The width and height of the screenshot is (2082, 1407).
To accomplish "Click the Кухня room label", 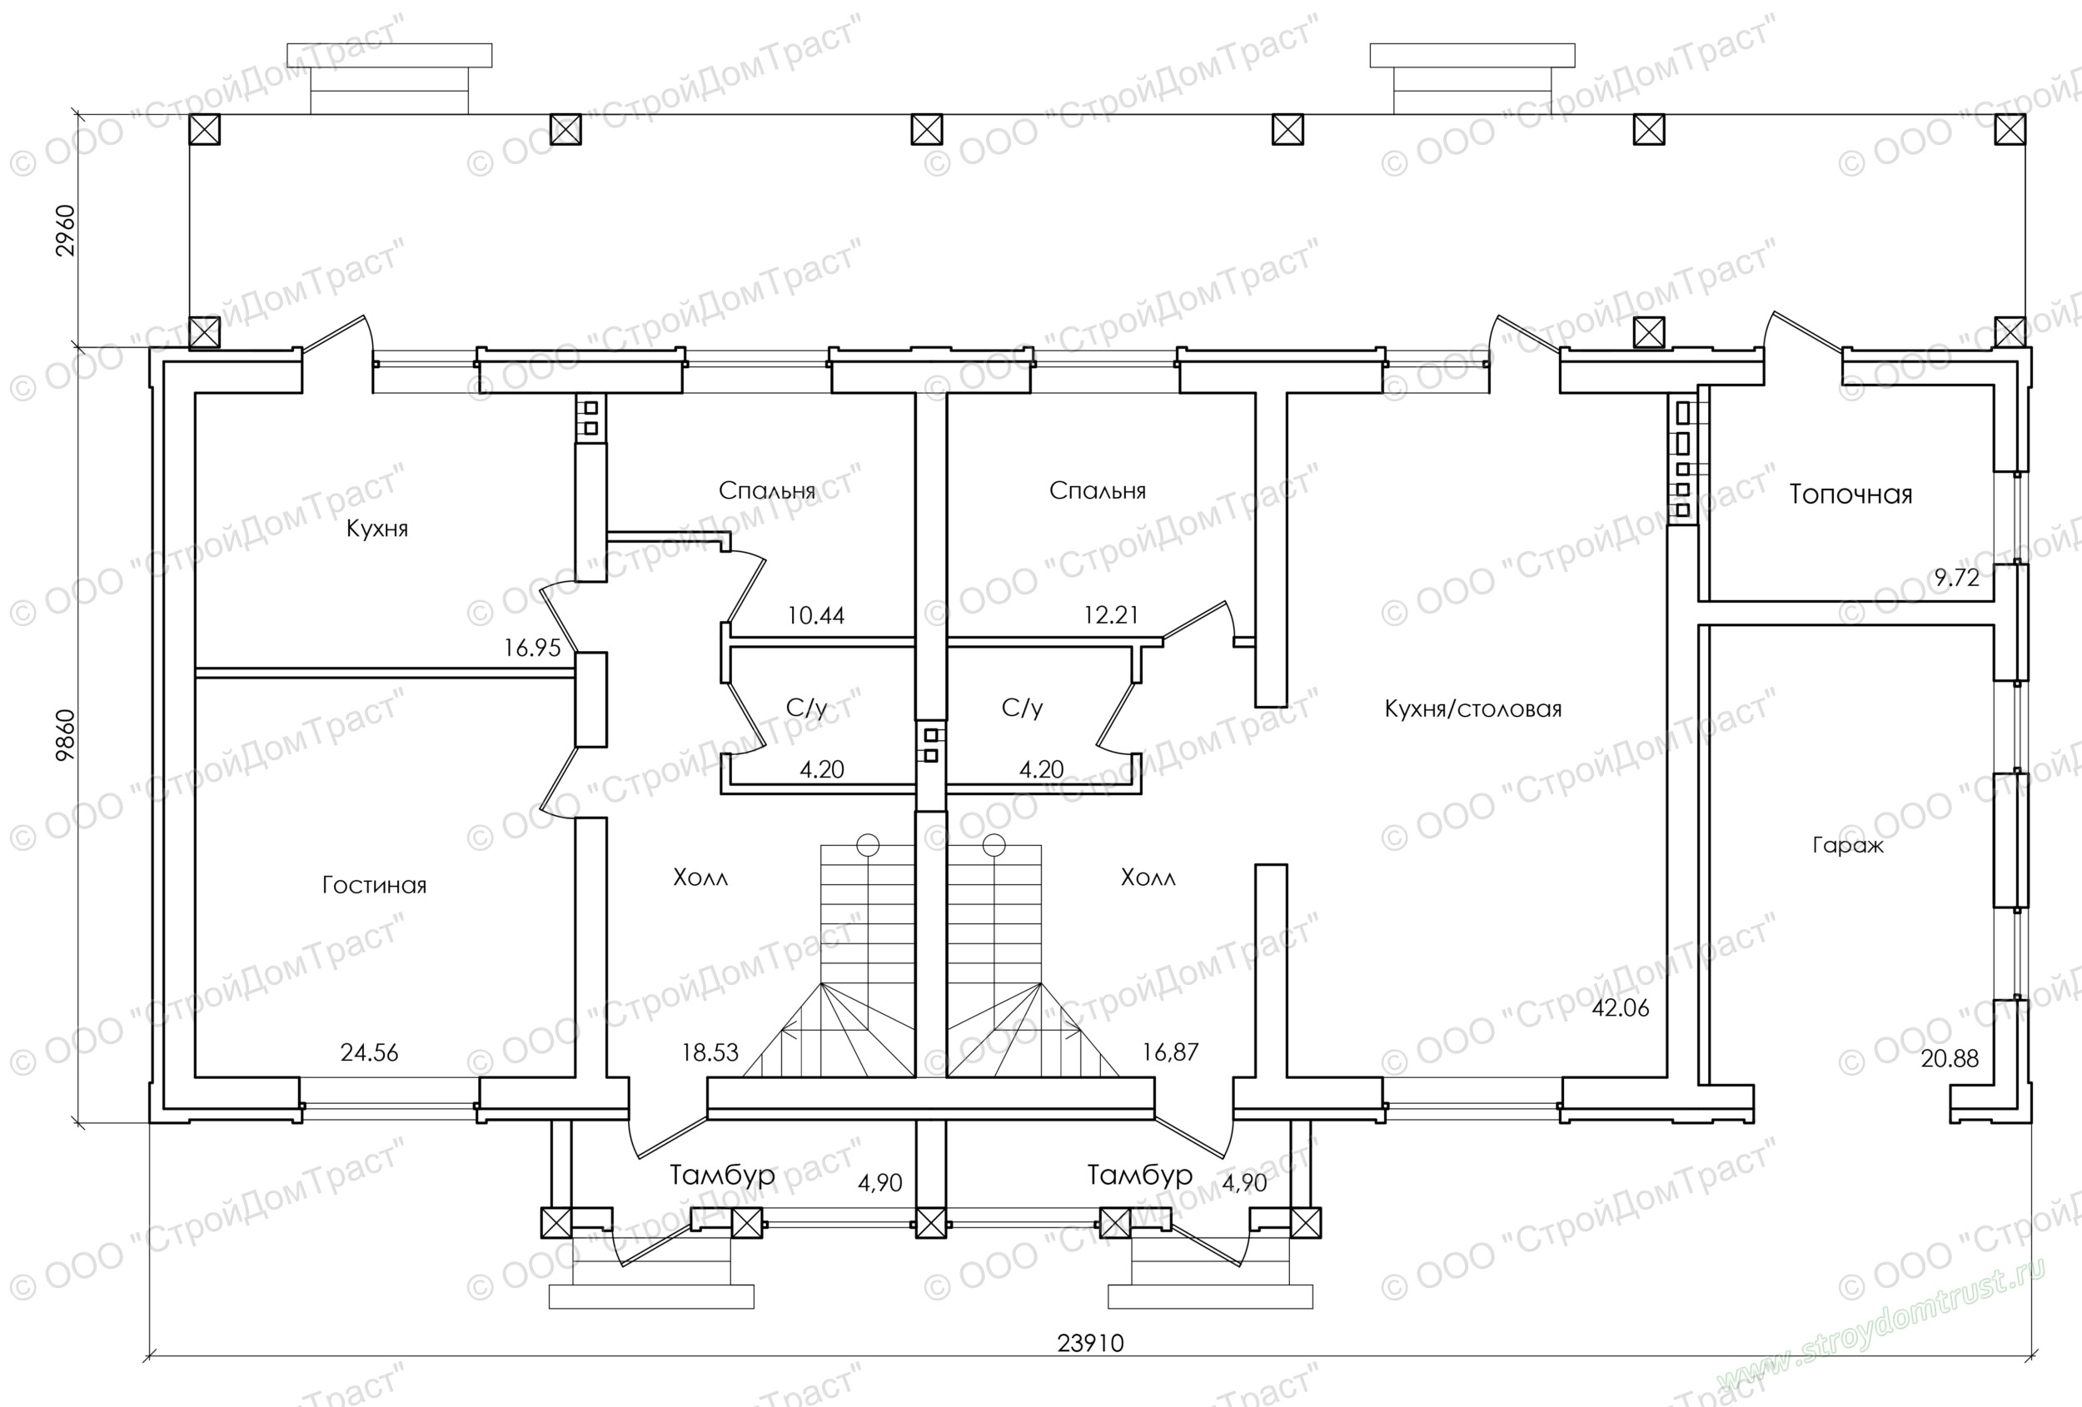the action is click(x=377, y=529).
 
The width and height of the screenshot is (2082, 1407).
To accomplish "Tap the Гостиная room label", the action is click(x=375, y=886).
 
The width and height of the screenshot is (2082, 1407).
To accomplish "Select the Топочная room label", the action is click(x=1850, y=495).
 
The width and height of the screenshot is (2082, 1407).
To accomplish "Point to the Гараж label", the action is click(x=1848, y=846).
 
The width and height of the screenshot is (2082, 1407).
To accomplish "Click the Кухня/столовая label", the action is click(x=1473, y=709).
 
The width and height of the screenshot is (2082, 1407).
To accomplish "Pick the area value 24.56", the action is click(x=369, y=1052).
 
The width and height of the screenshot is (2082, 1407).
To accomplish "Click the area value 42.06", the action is click(x=1621, y=1007).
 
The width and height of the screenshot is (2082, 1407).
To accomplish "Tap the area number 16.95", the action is click(x=532, y=648).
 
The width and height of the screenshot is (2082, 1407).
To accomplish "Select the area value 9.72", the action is click(x=1956, y=578).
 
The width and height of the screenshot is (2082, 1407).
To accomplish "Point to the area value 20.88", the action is click(x=1950, y=1059).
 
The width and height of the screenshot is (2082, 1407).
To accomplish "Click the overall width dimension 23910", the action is click(x=1090, y=1344).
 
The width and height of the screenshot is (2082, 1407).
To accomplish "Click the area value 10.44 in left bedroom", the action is click(x=815, y=616).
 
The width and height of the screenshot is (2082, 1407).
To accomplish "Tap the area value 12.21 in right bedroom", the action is click(x=1111, y=615).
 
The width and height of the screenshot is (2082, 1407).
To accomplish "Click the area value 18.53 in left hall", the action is click(x=710, y=1052).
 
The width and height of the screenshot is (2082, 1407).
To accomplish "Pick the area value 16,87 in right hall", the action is click(x=1170, y=1052).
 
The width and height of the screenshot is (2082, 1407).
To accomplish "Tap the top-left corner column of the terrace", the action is click(x=205, y=130).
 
